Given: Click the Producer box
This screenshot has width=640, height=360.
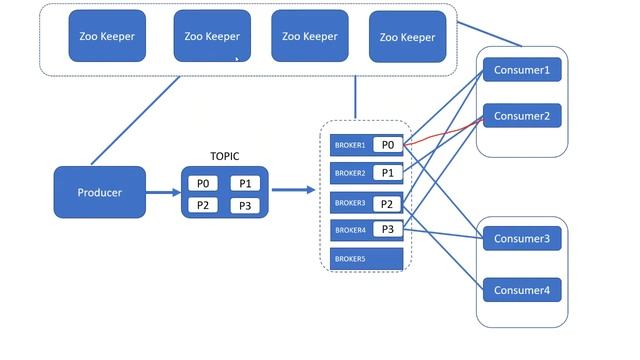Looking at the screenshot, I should [x=99, y=192].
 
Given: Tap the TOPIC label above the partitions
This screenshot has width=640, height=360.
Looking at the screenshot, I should [x=225, y=157].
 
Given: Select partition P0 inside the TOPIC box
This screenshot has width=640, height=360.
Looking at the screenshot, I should [x=203, y=183].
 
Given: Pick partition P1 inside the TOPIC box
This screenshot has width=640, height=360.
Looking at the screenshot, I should [x=246, y=183].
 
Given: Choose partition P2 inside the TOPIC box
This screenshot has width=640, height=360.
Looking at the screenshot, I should [x=203, y=205].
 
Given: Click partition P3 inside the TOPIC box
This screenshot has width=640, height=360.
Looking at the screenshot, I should [x=246, y=205].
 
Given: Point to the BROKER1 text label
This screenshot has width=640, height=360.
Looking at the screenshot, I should [x=350, y=146].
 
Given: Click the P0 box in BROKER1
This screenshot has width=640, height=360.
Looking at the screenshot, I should [x=388, y=145].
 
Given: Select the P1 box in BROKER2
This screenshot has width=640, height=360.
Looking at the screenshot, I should [x=388, y=173].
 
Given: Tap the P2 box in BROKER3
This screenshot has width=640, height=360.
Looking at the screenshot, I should [x=388, y=202].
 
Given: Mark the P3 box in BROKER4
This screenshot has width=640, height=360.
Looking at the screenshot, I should [x=388, y=230].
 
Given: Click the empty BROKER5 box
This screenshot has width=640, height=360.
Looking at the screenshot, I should [x=366, y=258].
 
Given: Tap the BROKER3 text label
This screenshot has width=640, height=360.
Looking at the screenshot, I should [x=350, y=203].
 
